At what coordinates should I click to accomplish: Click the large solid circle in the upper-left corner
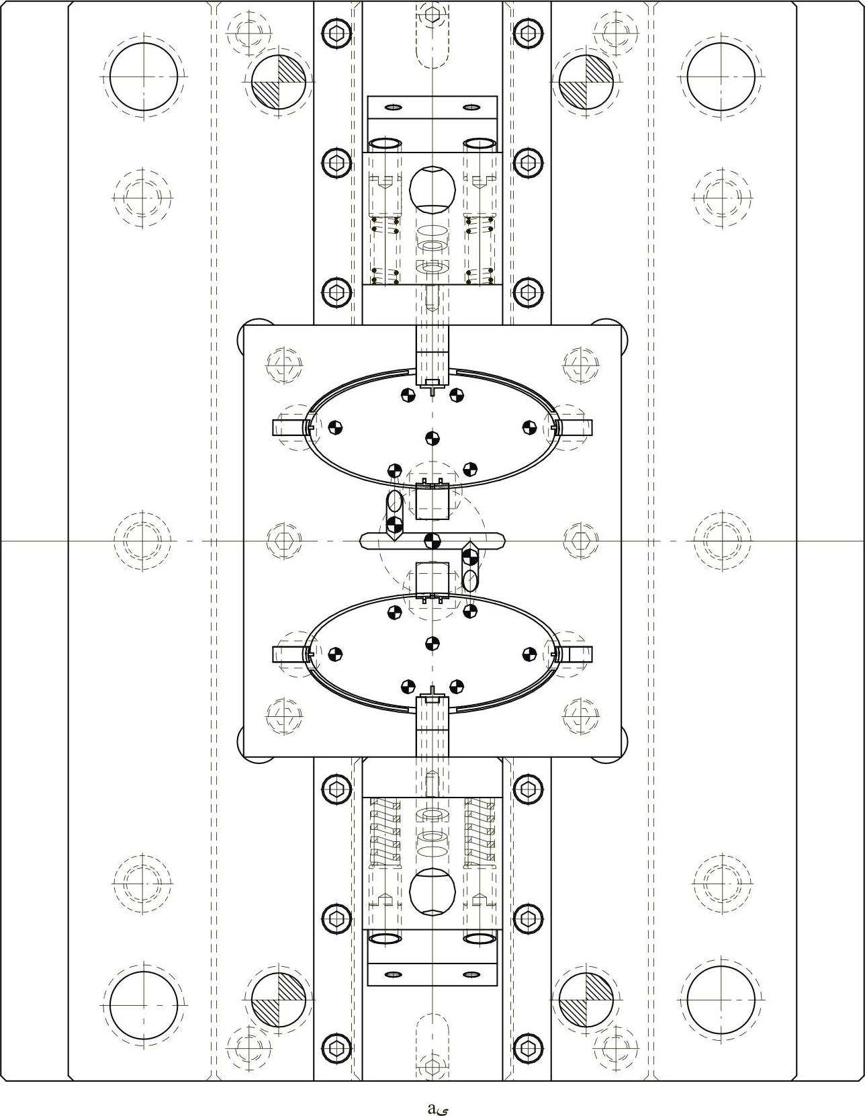[144, 77]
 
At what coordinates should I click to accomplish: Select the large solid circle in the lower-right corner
[721, 1000]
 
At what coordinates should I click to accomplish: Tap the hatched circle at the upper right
[586, 81]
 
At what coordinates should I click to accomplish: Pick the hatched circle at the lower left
[279, 1000]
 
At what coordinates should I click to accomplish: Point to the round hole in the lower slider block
[432, 891]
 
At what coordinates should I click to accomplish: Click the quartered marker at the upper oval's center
[432, 438]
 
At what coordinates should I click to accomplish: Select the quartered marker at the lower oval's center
[432, 644]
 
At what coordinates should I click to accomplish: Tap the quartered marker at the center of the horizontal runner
[432, 540]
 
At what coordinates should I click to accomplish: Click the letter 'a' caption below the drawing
[432, 1107]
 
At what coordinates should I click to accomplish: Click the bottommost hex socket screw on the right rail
[528, 1047]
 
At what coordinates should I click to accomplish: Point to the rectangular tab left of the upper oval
[287, 427]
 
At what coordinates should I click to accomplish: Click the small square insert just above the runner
[432, 503]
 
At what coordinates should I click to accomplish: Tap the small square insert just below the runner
[432, 578]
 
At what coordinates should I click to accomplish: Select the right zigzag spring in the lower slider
[480, 832]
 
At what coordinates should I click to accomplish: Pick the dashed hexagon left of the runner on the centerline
[283, 540]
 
